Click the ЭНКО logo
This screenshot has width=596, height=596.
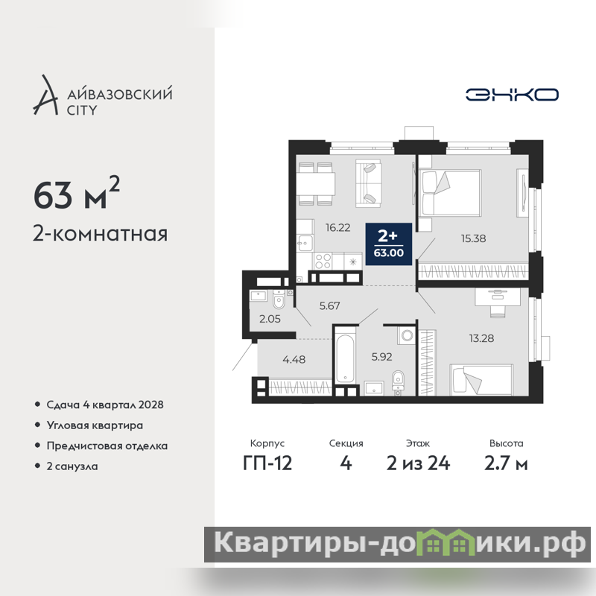[512, 95]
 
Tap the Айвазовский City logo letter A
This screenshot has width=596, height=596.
[45, 95]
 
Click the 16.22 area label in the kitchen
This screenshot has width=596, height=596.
[337, 227]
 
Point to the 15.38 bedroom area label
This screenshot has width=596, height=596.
[473, 238]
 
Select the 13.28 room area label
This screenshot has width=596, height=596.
[481, 338]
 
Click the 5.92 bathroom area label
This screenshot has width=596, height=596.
[381, 357]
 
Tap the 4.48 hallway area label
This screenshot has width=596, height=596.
[294, 359]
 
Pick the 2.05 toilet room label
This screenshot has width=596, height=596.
[270, 319]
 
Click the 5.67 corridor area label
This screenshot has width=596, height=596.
[329, 305]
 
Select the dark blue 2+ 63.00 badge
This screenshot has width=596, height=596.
[388, 244]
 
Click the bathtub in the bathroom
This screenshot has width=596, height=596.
[345, 359]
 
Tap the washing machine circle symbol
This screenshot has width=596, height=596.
[407, 336]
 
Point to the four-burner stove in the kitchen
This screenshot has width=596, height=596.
[323, 261]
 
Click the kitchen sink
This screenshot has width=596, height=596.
[305, 243]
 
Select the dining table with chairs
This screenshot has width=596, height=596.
[316, 184]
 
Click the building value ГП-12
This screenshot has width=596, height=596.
[267, 463]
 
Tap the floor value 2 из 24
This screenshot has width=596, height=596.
[418, 463]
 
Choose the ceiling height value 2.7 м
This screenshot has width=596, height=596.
[506, 463]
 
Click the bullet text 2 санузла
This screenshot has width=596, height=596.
[72, 466]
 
